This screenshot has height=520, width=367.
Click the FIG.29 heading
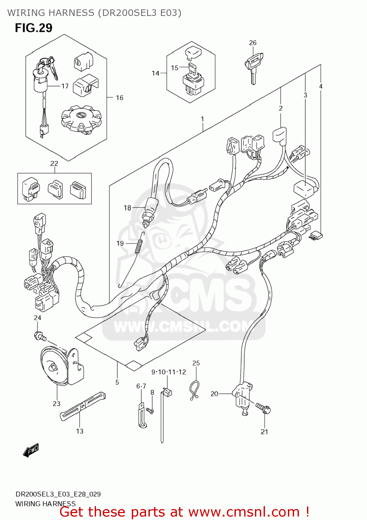click(34, 28)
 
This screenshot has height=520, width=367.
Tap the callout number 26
click(253, 43)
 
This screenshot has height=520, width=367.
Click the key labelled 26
click(254, 67)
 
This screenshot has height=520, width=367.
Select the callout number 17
click(65, 86)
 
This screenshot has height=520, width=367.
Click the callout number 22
click(54, 163)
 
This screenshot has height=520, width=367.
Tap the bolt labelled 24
click(40, 336)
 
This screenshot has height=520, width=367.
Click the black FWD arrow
click(31, 450)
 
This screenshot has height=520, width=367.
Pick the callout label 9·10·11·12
click(169, 372)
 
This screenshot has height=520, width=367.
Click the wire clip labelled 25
click(195, 390)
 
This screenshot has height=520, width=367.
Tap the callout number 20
click(214, 393)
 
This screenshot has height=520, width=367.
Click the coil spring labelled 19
click(139, 244)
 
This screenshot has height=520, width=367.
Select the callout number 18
click(127, 208)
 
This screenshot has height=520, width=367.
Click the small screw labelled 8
click(150, 411)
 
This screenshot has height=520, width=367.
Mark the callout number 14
click(155, 73)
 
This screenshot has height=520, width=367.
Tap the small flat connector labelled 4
click(316, 236)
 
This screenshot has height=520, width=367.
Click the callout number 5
click(117, 382)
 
